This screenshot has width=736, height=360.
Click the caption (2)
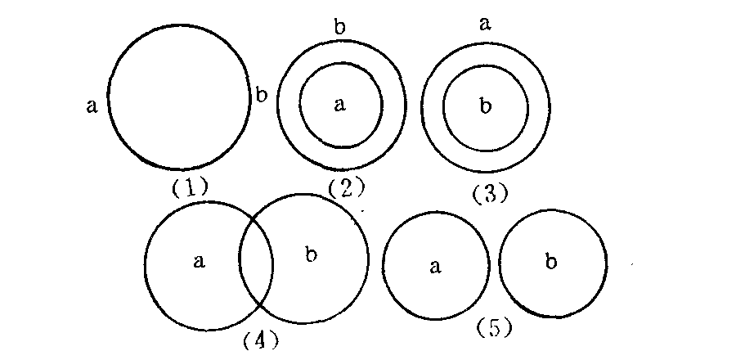[344, 189]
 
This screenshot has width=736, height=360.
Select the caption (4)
[261, 338]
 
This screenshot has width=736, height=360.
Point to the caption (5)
[493, 328]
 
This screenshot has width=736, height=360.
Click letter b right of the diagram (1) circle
[261, 95]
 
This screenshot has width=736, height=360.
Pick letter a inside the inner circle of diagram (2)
[340, 104]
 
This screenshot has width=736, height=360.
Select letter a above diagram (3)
[485, 25]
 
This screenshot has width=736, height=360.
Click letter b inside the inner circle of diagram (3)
[485, 106]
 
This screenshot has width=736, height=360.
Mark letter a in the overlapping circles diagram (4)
[199, 261]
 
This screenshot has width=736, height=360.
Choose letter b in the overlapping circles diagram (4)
[310, 255]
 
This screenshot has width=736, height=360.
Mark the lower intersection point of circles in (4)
[258, 305]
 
